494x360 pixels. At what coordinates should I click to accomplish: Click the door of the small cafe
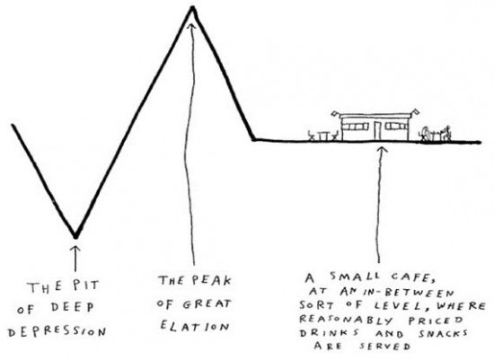pyautogui.click(x=377, y=131)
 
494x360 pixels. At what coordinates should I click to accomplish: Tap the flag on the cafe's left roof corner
pyautogui.click(x=334, y=113)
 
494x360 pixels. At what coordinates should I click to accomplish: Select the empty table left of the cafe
pyautogui.click(x=323, y=136)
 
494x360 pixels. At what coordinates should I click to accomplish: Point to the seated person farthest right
pyautogui.click(x=446, y=133)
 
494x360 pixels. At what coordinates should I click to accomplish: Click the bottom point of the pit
pyautogui.click(x=75, y=236)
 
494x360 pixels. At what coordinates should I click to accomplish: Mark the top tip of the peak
pyautogui.click(x=192, y=7)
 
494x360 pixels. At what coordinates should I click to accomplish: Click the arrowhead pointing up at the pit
pyautogui.click(x=75, y=250)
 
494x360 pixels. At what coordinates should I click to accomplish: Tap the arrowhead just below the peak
pyautogui.click(x=191, y=26)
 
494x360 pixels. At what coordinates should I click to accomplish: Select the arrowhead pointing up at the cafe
pyautogui.click(x=383, y=150)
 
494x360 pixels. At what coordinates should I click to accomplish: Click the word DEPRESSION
pyautogui.click(x=57, y=332)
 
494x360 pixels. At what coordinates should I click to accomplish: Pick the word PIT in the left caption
pyautogui.click(x=85, y=285)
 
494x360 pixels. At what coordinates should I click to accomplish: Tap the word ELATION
pyautogui.click(x=195, y=325)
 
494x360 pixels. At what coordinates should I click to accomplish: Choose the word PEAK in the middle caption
pyautogui.click(x=211, y=280)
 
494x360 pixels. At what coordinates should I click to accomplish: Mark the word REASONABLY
pyautogui.click(x=346, y=320)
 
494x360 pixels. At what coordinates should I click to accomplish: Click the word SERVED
pyautogui.click(x=385, y=346)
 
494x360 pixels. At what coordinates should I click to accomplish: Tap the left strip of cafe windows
pyautogui.click(x=356, y=127)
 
